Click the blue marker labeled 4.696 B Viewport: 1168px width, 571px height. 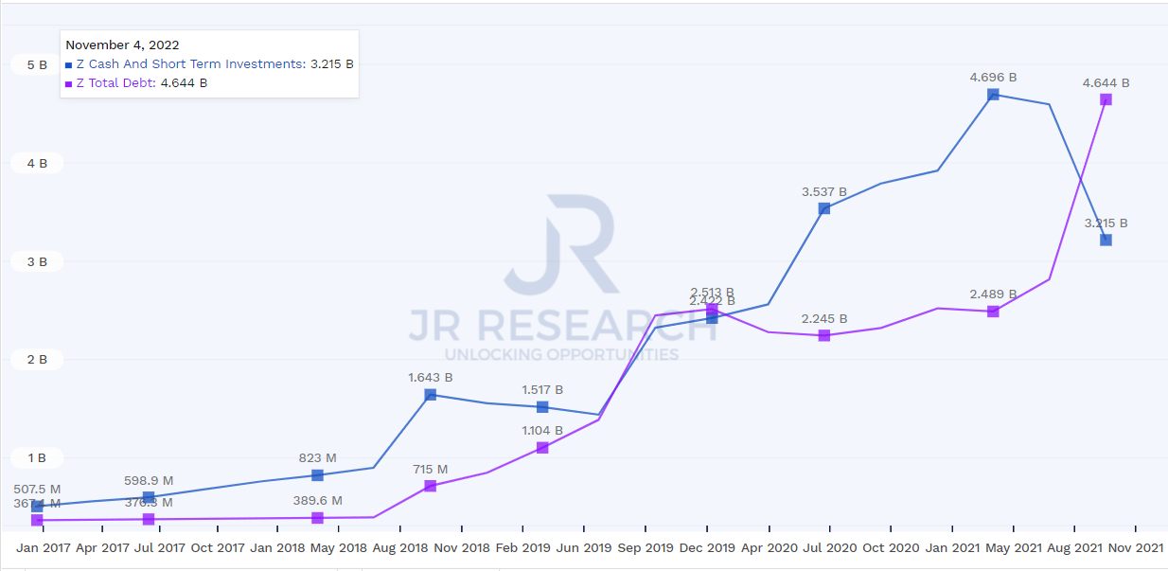pos(993,95)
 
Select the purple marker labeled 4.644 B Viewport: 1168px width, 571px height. pos(1106,99)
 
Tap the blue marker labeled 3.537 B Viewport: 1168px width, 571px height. pos(824,208)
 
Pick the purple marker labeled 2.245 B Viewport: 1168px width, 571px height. pos(824,335)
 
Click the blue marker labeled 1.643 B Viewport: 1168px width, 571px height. pos(430,395)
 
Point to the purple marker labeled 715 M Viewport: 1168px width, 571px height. pos(430,486)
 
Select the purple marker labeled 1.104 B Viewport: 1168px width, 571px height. pos(542,447)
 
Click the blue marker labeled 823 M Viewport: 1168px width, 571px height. pos(317,474)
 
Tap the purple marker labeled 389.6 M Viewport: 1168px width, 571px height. pos(317,518)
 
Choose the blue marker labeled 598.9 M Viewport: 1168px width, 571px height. pos(149,497)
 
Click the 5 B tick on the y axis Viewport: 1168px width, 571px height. pos(37,65)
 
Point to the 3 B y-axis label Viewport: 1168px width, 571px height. pos(37,261)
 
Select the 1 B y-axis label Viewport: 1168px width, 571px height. pos(37,458)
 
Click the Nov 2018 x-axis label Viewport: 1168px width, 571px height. pos(462,547)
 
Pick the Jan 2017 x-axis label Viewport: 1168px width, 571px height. pos(43,547)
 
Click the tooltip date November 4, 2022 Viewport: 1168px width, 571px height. pos(122,45)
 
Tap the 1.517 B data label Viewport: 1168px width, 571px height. pos(542,390)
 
